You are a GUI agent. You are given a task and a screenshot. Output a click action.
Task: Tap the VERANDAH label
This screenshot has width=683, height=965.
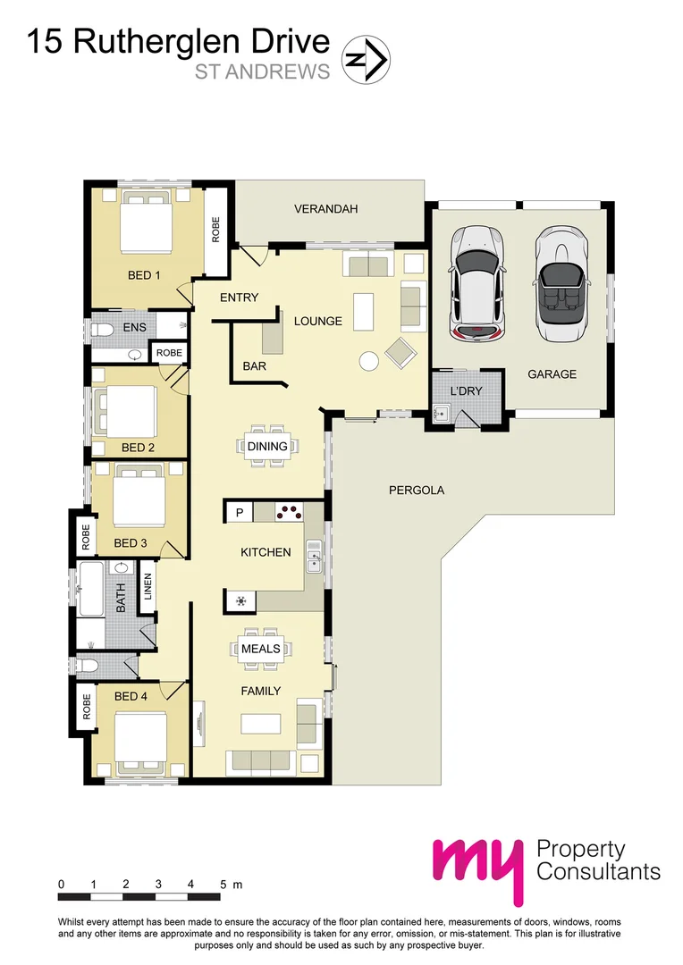pyautogui.click(x=325, y=209)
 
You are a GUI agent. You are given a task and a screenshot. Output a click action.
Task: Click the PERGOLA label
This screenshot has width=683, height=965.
pyautogui.click(x=417, y=490)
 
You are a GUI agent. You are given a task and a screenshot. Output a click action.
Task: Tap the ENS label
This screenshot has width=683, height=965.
pyautogui.click(x=134, y=328)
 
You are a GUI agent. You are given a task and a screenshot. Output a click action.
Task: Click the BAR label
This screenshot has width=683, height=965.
pyautogui.click(x=255, y=366)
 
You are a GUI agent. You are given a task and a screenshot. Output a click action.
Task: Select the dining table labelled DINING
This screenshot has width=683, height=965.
pyautogui.click(x=268, y=446)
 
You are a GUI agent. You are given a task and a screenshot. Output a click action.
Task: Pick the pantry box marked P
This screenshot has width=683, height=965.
pyautogui.click(x=240, y=512)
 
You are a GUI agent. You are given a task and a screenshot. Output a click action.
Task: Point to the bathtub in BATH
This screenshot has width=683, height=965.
pyautogui.click(x=91, y=589)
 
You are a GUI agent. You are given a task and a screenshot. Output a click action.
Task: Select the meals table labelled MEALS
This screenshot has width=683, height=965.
pyautogui.click(x=261, y=649)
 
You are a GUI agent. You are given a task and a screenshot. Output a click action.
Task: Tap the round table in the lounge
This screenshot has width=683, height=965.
pyautogui.click(x=367, y=361)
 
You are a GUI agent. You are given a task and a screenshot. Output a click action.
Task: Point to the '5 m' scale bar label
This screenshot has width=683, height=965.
pyautogui.click(x=231, y=885)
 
